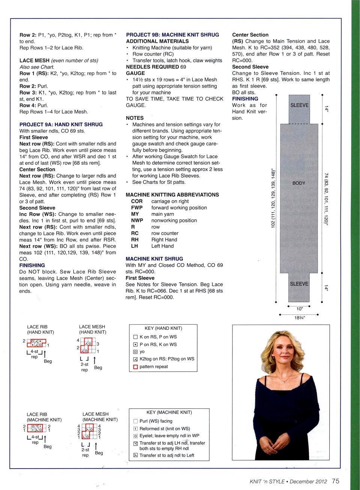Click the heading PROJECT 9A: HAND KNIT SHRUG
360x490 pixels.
(x=61, y=124)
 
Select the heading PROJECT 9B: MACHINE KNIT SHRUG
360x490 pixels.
(x=172, y=35)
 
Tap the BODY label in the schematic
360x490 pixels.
(x=299, y=183)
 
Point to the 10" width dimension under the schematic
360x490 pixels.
(x=300, y=309)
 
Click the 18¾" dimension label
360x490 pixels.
(x=300, y=318)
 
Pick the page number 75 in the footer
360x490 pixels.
(x=336, y=481)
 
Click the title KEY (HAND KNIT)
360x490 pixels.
(x=163, y=328)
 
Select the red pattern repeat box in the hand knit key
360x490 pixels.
(x=136, y=367)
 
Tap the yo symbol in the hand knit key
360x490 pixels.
(x=136, y=352)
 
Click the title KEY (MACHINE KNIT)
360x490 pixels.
(x=169, y=412)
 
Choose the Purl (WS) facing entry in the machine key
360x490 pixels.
(x=156, y=421)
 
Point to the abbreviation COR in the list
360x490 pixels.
(x=137, y=201)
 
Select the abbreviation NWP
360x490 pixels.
(x=137, y=220)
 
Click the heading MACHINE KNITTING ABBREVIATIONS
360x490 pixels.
(x=172, y=195)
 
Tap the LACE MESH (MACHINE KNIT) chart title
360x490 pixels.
(x=100, y=417)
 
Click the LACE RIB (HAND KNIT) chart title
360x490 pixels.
(x=40, y=330)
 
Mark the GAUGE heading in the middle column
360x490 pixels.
(x=135, y=73)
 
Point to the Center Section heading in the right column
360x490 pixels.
(x=250, y=35)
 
